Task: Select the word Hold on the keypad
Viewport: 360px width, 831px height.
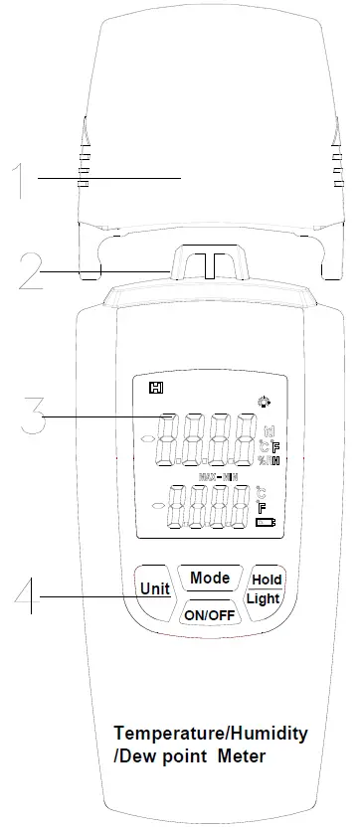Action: (x=267, y=580)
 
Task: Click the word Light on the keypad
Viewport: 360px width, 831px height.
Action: (x=264, y=598)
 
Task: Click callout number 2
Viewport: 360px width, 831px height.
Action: (x=30, y=270)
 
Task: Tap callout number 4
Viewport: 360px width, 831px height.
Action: (x=29, y=597)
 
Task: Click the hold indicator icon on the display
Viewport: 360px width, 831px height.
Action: (x=155, y=388)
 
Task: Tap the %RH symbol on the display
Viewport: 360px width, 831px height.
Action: (x=269, y=460)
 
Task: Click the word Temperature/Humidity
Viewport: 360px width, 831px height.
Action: (x=210, y=734)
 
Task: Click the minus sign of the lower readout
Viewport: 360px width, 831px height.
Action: (x=157, y=506)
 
